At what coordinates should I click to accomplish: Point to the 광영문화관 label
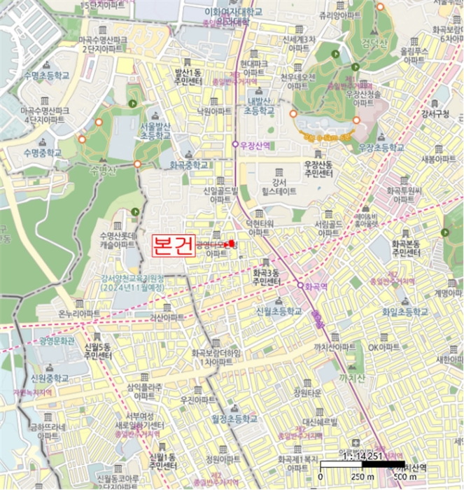57,340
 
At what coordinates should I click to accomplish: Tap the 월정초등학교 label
229,418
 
